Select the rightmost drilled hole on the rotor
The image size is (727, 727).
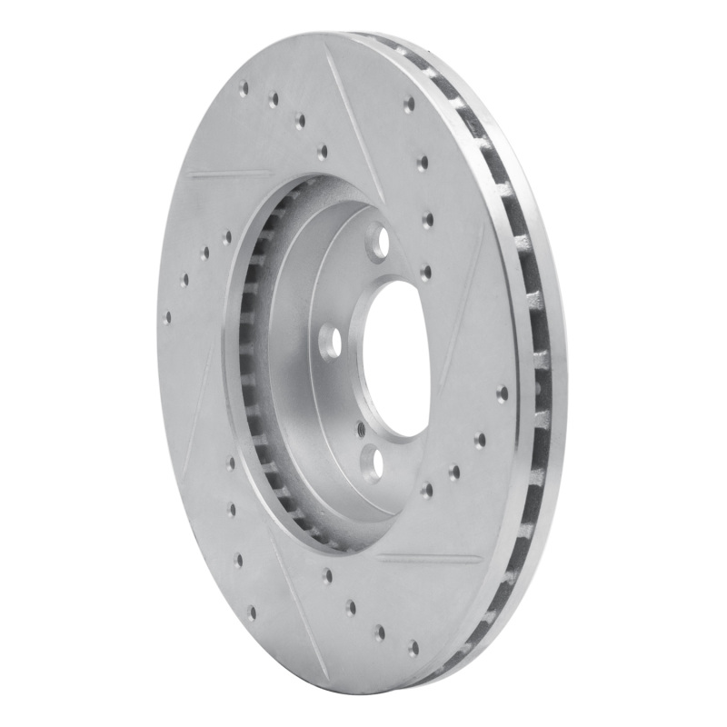[502, 393]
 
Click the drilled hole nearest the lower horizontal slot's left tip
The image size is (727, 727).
[326, 574]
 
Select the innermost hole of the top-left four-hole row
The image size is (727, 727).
[322, 152]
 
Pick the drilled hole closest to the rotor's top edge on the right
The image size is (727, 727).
[409, 103]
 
